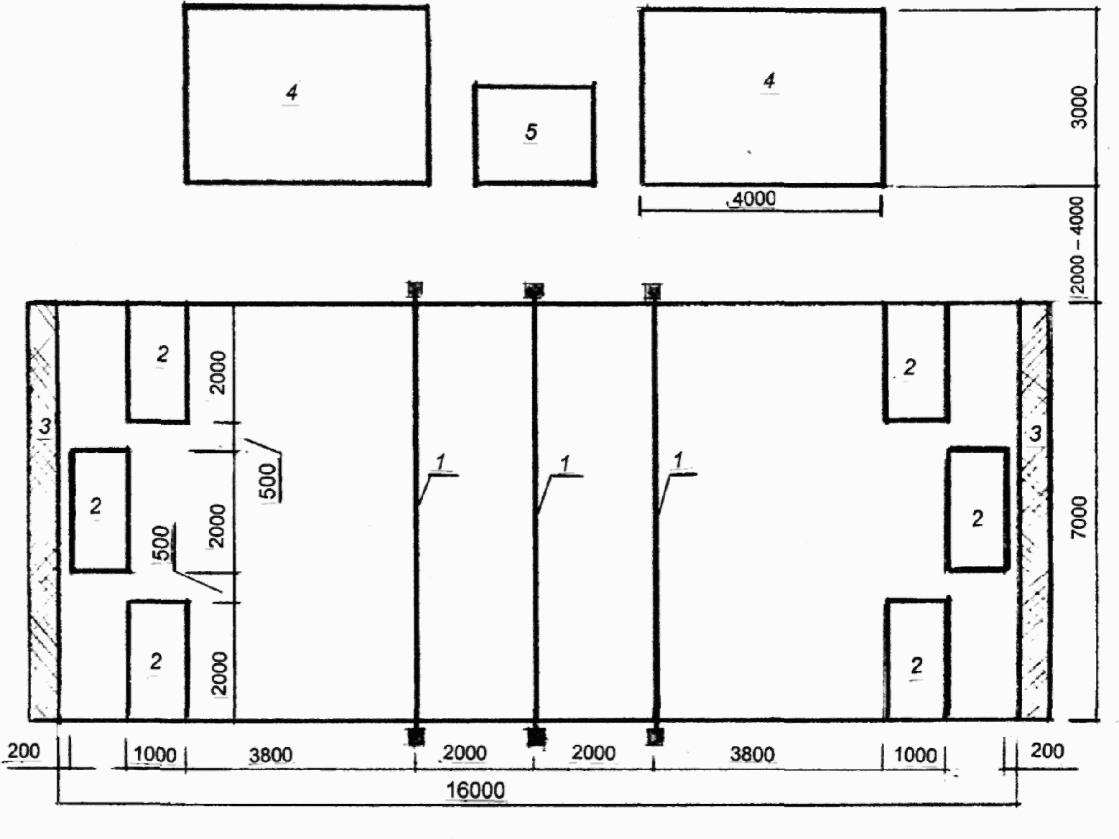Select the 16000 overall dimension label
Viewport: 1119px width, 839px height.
tap(475, 790)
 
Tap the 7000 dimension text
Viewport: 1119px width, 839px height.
tap(1079, 517)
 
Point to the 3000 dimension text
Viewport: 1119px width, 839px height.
tap(1079, 108)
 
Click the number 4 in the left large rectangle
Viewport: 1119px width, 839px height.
tap(291, 92)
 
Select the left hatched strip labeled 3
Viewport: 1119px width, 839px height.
tap(43, 512)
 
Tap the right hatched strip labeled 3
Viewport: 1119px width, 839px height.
tap(1035, 512)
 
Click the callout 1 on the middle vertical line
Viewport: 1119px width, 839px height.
tap(565, 464)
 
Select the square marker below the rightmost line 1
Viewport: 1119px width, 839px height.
tap(655, 736)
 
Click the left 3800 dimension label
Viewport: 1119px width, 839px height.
tap(271, 754)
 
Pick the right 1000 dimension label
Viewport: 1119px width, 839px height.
tap(916, 754)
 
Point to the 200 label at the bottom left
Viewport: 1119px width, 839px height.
tap(24, 751)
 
